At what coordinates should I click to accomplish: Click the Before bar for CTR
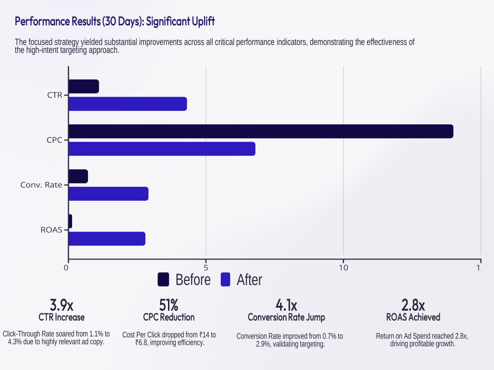pos(84,86)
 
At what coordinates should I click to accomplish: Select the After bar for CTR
pos(128,104)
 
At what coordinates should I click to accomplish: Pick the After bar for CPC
pos(162,149)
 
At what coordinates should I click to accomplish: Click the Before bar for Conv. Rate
pos(79,176)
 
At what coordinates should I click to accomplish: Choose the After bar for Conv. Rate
pos(109,194)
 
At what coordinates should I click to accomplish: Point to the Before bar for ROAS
pos(71,221)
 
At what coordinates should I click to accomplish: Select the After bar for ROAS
pos(107,239)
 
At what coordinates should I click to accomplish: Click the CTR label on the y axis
pos(55,95)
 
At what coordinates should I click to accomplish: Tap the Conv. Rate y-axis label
pos(41,185)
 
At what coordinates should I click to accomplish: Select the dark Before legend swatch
pos(163,279)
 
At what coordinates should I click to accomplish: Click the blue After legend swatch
pos(226,279)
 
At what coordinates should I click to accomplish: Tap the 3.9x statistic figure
pos(61,305)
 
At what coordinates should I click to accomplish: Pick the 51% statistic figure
pos(168,305)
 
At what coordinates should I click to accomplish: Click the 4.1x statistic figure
pos(287,305)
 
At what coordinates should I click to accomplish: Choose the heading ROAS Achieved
pos(413,317)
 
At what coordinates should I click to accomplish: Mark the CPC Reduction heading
pos(169,317)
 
